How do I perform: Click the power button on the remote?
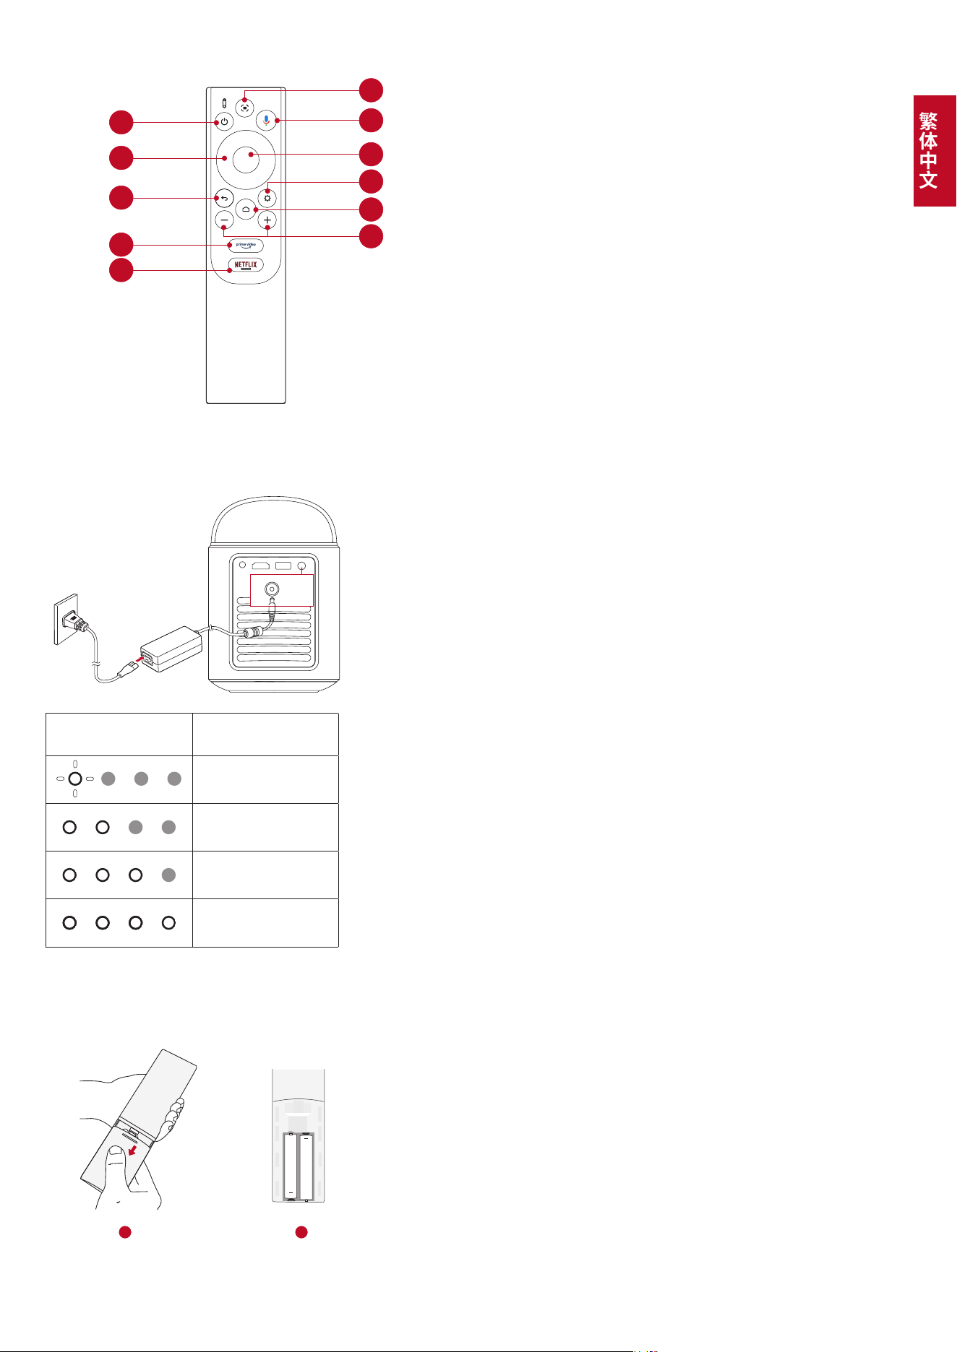pos(224,121)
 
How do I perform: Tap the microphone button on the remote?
pos(267,121)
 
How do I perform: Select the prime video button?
pos(246,246)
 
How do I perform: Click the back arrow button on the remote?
pos(224,198)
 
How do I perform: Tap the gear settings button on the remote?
pos(267,198)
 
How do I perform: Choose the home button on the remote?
pos(246,209)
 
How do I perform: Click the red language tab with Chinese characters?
pos(935,151)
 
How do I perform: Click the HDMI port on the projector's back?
pos(260,565)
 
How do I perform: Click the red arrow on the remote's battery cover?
pos(132,1153)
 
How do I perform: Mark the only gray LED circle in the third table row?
pos(168,875)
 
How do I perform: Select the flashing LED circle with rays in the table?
pos(75,779)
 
